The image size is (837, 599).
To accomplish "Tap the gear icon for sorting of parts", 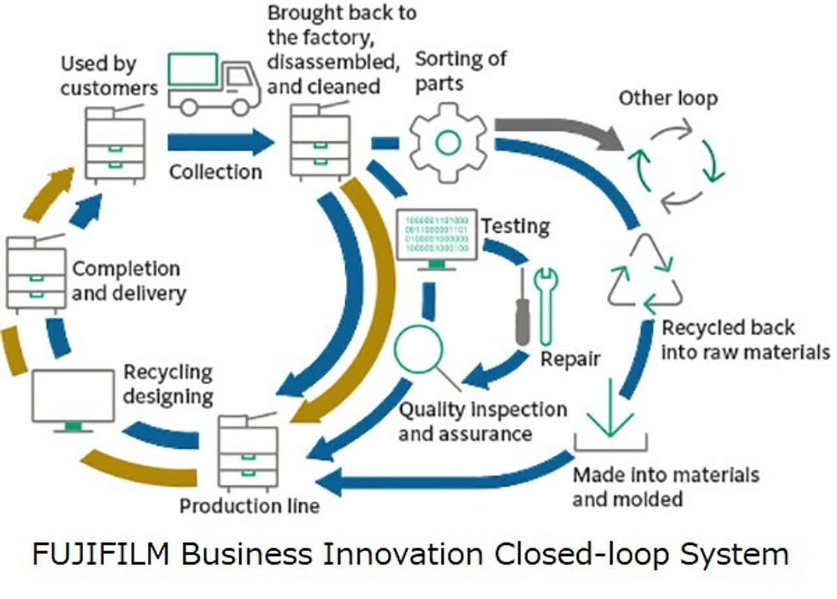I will (x=448, y=142).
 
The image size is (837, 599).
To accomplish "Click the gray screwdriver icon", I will (x=521, y=307).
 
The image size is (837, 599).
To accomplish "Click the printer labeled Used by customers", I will (x=115, y=144).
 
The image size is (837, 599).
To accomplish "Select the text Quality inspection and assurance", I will (x=483, y=421).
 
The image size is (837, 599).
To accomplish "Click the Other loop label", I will (x=668, y=99).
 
